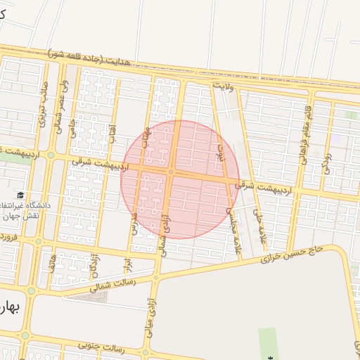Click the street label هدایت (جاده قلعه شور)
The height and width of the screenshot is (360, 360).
click(x=98, y=56)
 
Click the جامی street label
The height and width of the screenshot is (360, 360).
click(x=72, y=129)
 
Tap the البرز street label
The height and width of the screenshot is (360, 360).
click(x=128, y=265)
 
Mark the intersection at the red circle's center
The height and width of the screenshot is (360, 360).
click(x=172, y=172)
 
